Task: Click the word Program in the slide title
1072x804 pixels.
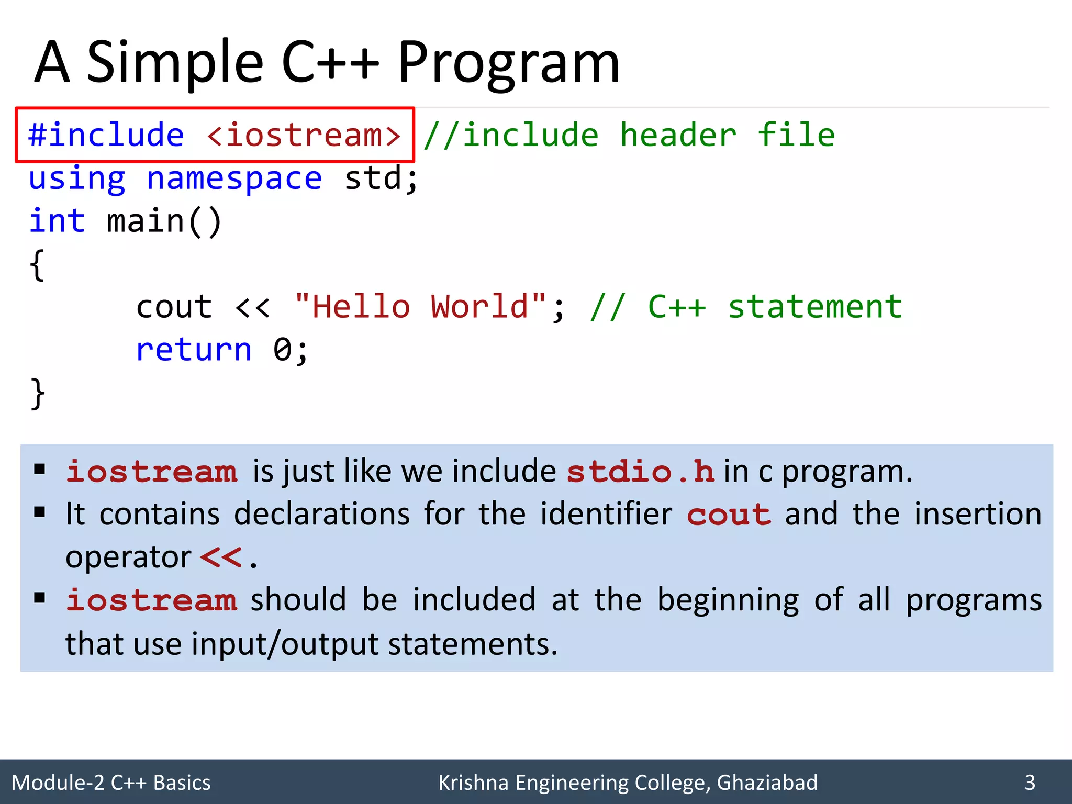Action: (x=508, y=64)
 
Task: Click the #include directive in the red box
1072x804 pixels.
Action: (x=106, y=135)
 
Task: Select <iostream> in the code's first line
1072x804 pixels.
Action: (x=304, y=135)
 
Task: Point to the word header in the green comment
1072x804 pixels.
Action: (x=678, y=135)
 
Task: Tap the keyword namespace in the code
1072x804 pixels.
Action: (x=234, y=178)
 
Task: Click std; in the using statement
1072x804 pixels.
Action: (x=382, y=178)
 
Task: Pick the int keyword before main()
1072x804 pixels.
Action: (x=57, y=220)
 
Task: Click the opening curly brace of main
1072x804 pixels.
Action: (x=37, y=265)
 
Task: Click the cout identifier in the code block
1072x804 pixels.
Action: (x=174, y=307)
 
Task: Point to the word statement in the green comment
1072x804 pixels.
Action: (x=815, y=307)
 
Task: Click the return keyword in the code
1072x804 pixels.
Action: (x=194, y=350)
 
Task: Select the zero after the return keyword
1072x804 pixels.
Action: (x=283, y=350)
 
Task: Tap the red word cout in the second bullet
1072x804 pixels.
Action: (x=729, y=515)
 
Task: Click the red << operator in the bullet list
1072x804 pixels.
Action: (x=221, y=557)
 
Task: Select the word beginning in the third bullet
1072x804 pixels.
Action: (x=728, y=600)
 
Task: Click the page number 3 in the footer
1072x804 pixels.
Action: (x=1030, y=783)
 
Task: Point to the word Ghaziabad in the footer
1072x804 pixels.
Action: (x=767, y=783)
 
